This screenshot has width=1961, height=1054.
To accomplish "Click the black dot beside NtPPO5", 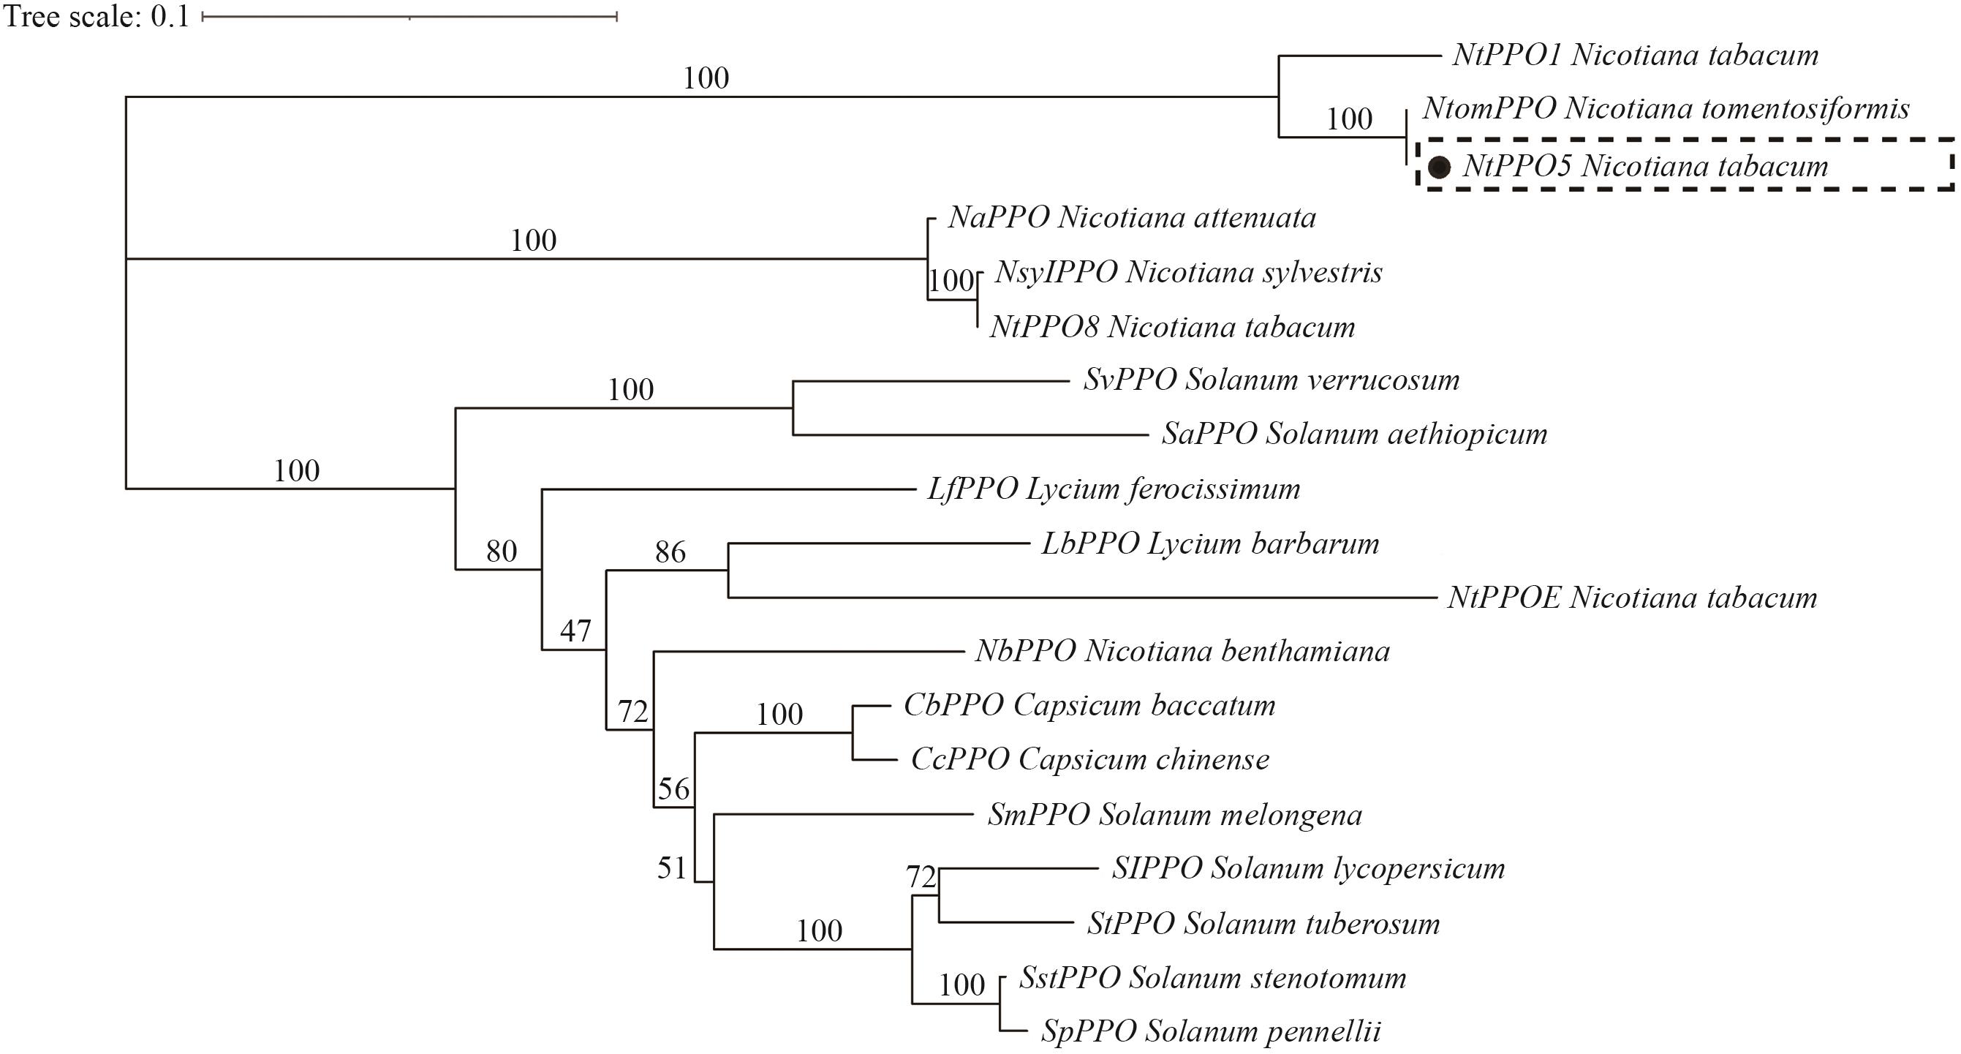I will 1438,167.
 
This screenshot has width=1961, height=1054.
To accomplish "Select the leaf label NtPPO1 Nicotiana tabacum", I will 1635,55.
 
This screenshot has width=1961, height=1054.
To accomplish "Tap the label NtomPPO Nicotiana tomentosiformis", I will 1666,109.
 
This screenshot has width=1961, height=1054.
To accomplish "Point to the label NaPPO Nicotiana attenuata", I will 1132,219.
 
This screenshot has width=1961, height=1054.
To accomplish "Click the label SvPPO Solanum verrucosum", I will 1272,380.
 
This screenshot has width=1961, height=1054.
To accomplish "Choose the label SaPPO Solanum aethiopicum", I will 1354,434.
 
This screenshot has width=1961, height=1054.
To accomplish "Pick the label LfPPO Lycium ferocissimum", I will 1114,489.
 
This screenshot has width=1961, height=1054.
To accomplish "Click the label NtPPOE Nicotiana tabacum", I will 1632,598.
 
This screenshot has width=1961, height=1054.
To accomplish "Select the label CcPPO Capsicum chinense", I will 1090,759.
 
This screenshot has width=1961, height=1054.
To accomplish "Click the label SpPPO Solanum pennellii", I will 1210,1032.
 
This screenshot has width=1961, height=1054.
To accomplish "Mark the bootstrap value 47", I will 575,630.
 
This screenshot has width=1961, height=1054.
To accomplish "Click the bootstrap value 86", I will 670,552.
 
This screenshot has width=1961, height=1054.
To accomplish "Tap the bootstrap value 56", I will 673,789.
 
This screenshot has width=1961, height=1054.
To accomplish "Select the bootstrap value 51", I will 672,868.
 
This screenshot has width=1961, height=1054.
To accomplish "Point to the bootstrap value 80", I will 502,552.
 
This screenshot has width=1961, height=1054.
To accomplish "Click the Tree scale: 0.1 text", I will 97,17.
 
